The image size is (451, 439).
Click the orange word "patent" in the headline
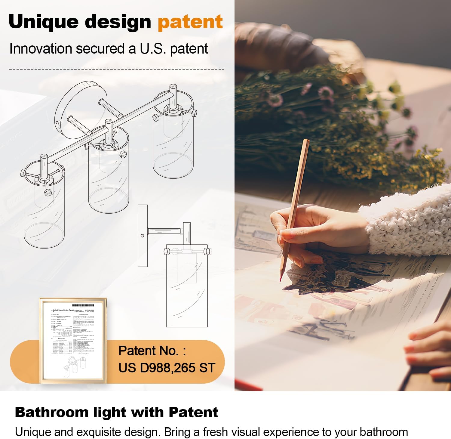coord(190,22)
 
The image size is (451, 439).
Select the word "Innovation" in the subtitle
coord(41,49)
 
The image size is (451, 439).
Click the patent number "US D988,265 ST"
coord(167,368)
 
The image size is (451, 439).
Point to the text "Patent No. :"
coord(152,351)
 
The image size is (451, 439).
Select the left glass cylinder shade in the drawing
coord(44,208)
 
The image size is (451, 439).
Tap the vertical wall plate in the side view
coord(143,236)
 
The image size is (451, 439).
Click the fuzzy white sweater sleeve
coord(409,226)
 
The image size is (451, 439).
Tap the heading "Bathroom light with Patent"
coord(116,412)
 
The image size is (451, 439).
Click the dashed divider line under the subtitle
coord(117,69)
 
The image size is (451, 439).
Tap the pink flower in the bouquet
coord(326,92)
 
